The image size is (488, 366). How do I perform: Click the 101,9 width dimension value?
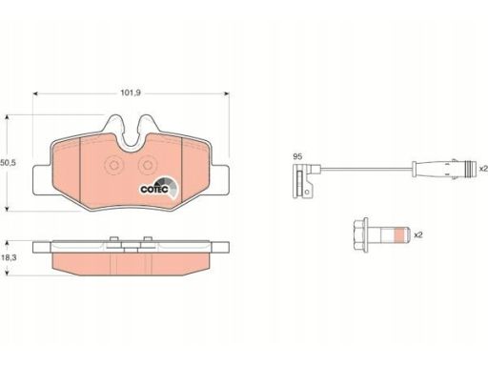tap(131, 93)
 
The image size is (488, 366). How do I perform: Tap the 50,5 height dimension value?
tap(8, 163)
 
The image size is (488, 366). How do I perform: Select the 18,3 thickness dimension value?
tap(9, 257)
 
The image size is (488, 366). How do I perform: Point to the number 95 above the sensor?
tap(297, 156)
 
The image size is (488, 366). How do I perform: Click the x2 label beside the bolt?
tap(418, 235)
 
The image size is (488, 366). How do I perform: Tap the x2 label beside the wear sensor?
tap(483, 169)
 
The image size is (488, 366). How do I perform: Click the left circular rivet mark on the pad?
tap(113, 165)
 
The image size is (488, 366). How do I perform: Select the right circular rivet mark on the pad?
tap(148, 165)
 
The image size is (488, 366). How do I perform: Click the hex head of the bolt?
tap(360, 235)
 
